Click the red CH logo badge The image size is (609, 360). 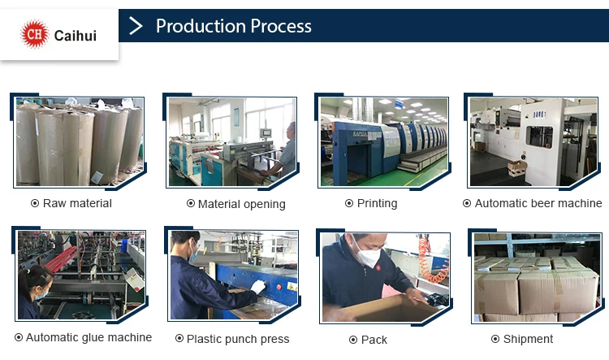tap(35, 34)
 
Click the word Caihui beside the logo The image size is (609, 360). tap(76, 36)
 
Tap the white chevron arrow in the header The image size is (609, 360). tap(136, 26)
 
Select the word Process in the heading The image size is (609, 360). tap(281, 26)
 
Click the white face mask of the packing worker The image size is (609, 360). tap(367, 256)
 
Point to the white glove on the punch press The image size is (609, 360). tap(257, 287)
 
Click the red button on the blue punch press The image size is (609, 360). tap(279, 288)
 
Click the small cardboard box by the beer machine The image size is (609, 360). tap(517, 168)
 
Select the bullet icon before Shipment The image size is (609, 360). tap(495, 339)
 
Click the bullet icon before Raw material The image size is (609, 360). tap(35, 203)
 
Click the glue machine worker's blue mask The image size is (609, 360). tap(41, 294)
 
